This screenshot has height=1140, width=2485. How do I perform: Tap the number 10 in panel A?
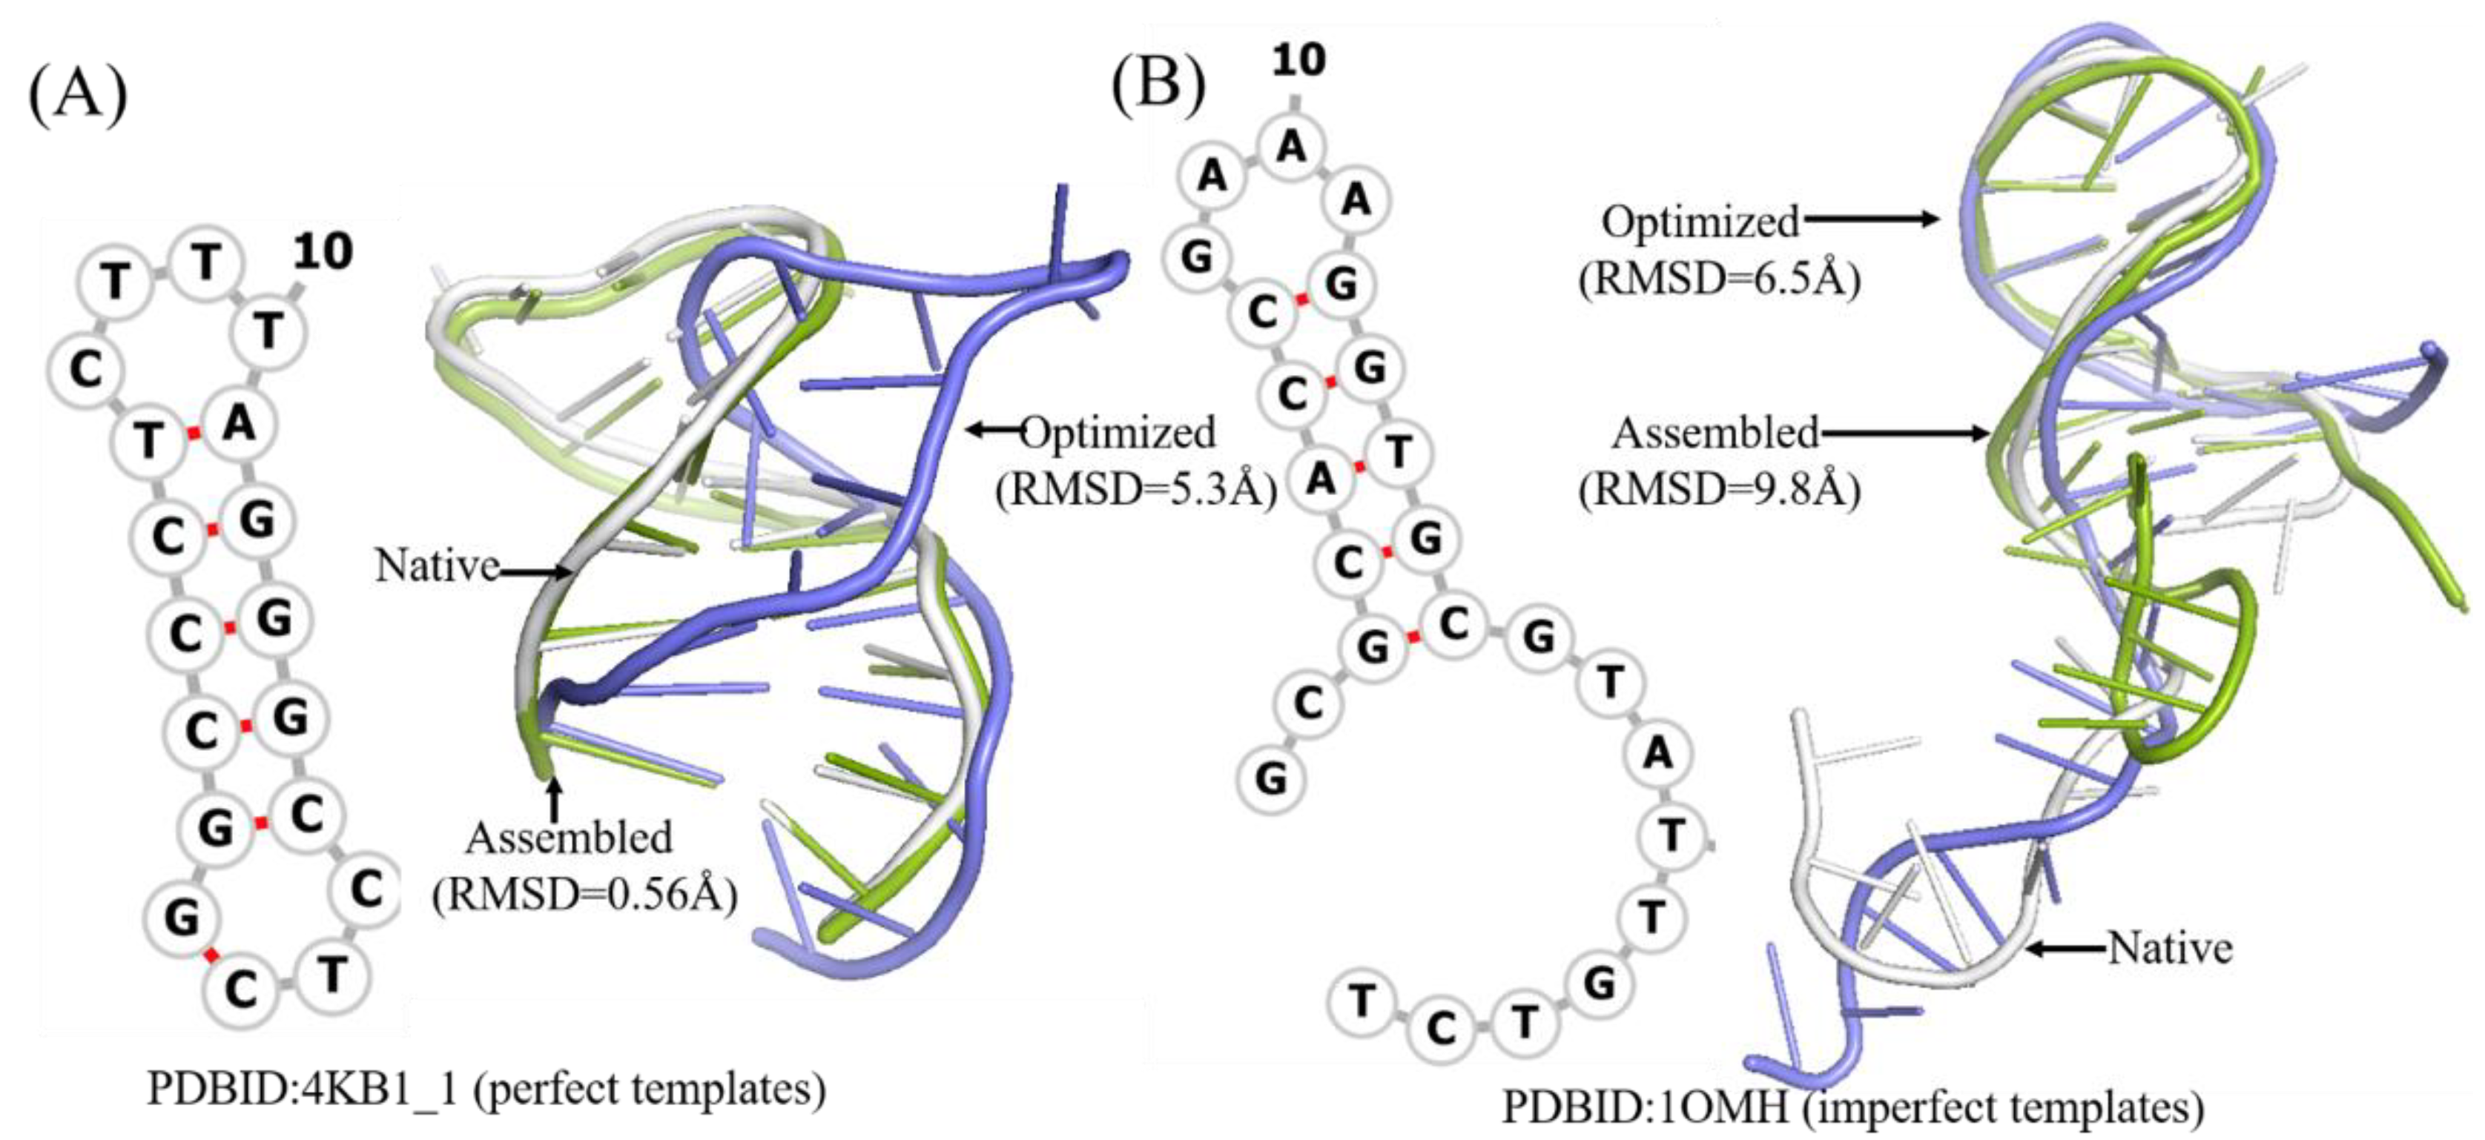322,253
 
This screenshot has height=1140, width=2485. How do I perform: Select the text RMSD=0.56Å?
584,896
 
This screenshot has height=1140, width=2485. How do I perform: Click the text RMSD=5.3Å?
1136,490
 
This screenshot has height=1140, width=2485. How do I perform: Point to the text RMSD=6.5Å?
1719,279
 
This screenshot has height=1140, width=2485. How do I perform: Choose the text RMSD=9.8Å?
1719,490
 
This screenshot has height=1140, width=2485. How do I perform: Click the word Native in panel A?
436,566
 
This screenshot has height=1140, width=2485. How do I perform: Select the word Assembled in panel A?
570,838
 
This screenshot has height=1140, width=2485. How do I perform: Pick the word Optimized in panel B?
1700,222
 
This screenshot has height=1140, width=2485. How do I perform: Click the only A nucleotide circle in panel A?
238,422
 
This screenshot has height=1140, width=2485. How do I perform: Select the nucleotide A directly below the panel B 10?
1291,147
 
